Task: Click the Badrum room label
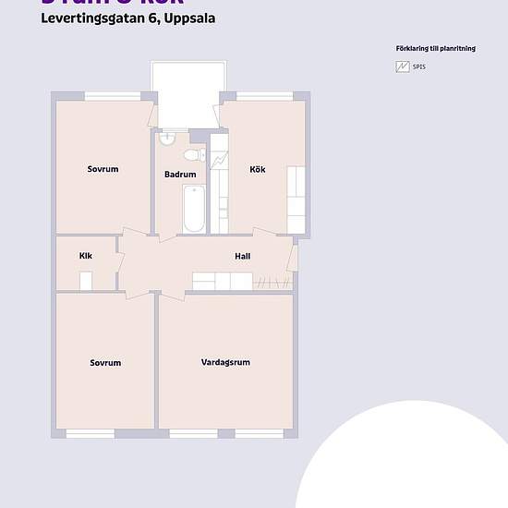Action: [x=180, y=175]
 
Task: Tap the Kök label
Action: [x=257, y=169]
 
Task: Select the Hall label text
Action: [x=243, y=257]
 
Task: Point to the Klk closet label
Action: [x=86, y=256]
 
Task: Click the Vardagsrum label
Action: [x=225, y=363]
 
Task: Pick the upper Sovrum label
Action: [x=103, y=169]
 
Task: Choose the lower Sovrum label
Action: [x=105, y=363]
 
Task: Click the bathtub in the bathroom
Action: [x=193, y=210]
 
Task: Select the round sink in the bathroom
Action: [x=166, y=139]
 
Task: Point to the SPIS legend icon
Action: [x=402, y=67]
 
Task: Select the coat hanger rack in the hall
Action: [x=269, y=281]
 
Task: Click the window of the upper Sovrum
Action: [x=114, y=96]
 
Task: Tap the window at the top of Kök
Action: [x=265, y=96]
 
